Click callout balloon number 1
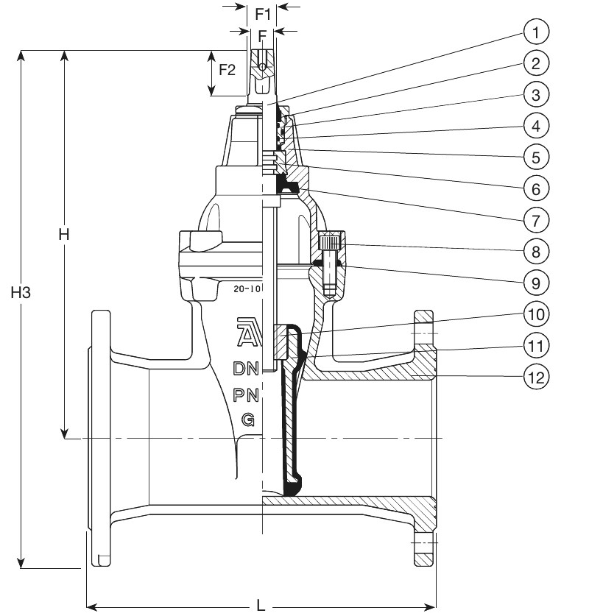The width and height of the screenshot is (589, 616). [536, 32]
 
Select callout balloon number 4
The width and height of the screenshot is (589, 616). [536, 126]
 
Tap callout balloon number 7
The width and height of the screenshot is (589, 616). [536, 220]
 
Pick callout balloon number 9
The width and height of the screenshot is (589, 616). [536, 283]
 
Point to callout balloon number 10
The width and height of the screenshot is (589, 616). [536, 315]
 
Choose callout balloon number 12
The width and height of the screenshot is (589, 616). [536, 378]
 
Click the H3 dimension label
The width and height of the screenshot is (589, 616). [21, 293]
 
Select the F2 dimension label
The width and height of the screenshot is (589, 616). [227, 70]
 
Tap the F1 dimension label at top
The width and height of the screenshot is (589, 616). [263, 15]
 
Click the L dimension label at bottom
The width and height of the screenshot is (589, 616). [261, 605]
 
